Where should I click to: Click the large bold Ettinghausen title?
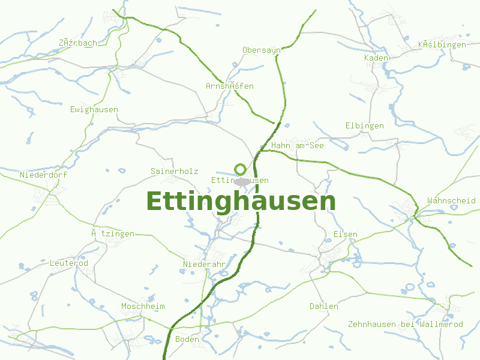[x=241, y=202]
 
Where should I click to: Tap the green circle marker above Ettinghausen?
[x=241, y=169]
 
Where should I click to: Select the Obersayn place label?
[x=261, y=50]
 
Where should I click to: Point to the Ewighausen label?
[x=94, y=110]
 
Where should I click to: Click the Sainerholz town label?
[x=174, y=172]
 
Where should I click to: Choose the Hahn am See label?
[x=297, y=146]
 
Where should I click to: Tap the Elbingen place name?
[x=364, y=126]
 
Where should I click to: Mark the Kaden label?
[x=376, y=58]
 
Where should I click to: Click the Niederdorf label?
[x=43, y=175]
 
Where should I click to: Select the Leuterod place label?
[x=68, y=263]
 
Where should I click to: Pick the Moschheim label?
[x=143, y=307]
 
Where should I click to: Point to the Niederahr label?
[x=204, y=265]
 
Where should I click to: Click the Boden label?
[x=187, y=340]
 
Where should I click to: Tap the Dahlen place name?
[x=323, y=307]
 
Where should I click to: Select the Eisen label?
[x=345, y=235]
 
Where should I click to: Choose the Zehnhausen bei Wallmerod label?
[x=405, y=325]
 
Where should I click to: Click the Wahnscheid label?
[x=451, y=201]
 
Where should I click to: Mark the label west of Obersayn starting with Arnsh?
[x=229, y=86]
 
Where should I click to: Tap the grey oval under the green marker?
[x=242, y=181]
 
